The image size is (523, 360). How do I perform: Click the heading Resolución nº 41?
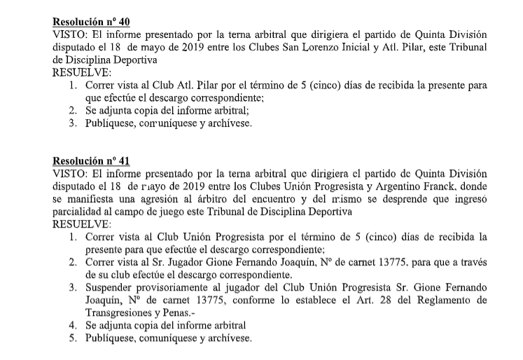91,160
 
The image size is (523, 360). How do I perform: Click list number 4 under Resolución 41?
73,326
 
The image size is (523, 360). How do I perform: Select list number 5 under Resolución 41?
73,338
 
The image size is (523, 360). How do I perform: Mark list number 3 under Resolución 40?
73,123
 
